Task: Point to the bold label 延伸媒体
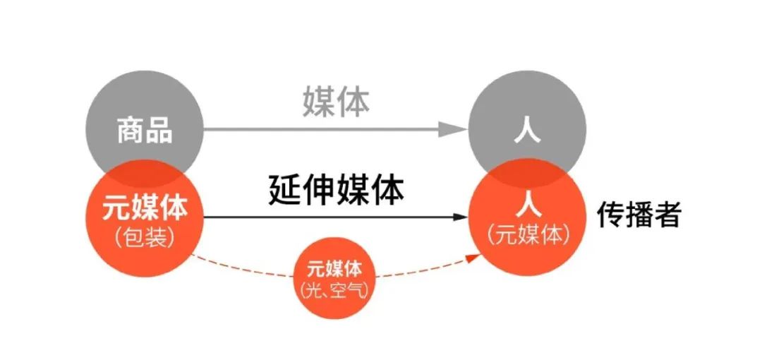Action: coord(336,190)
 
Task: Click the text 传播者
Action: coord(639,215)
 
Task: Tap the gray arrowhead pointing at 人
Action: coord(452,129)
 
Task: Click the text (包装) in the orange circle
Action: coord(144,236)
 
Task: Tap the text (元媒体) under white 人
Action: coord(528,235)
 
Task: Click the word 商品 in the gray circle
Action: coord(145,131)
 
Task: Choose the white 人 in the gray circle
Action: coord(528,131)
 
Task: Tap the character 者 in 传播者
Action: coord(667,215)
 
